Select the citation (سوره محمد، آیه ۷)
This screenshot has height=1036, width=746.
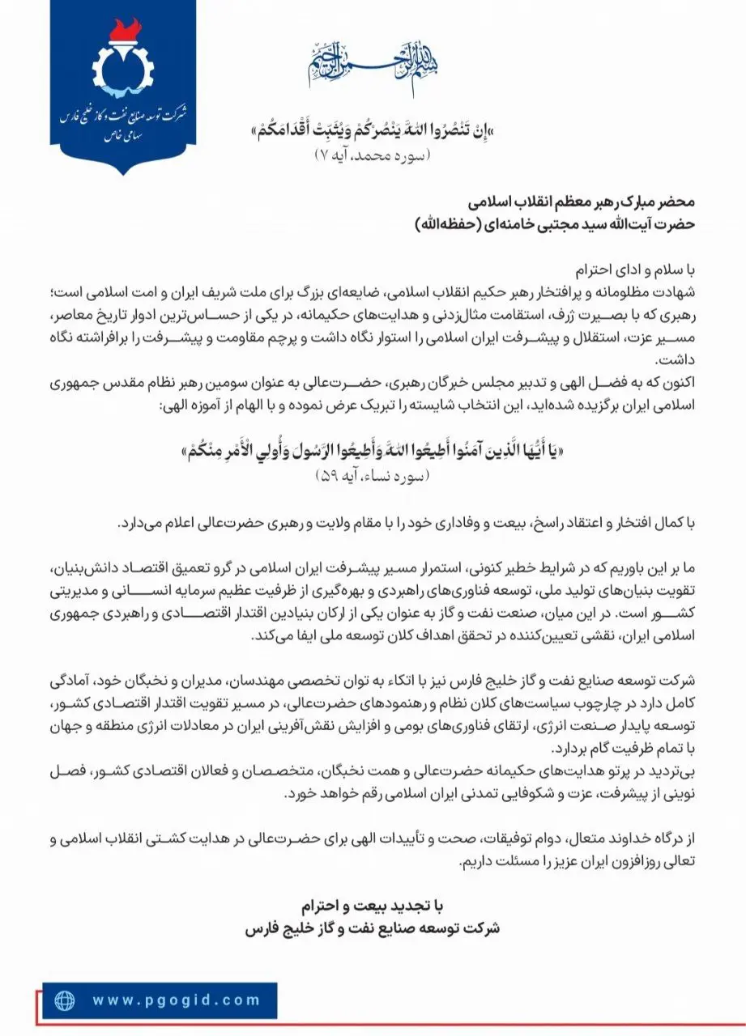373,155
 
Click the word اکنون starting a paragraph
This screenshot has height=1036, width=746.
676,379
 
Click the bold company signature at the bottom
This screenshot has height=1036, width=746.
373,928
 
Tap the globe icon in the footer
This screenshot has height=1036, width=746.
65,1000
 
